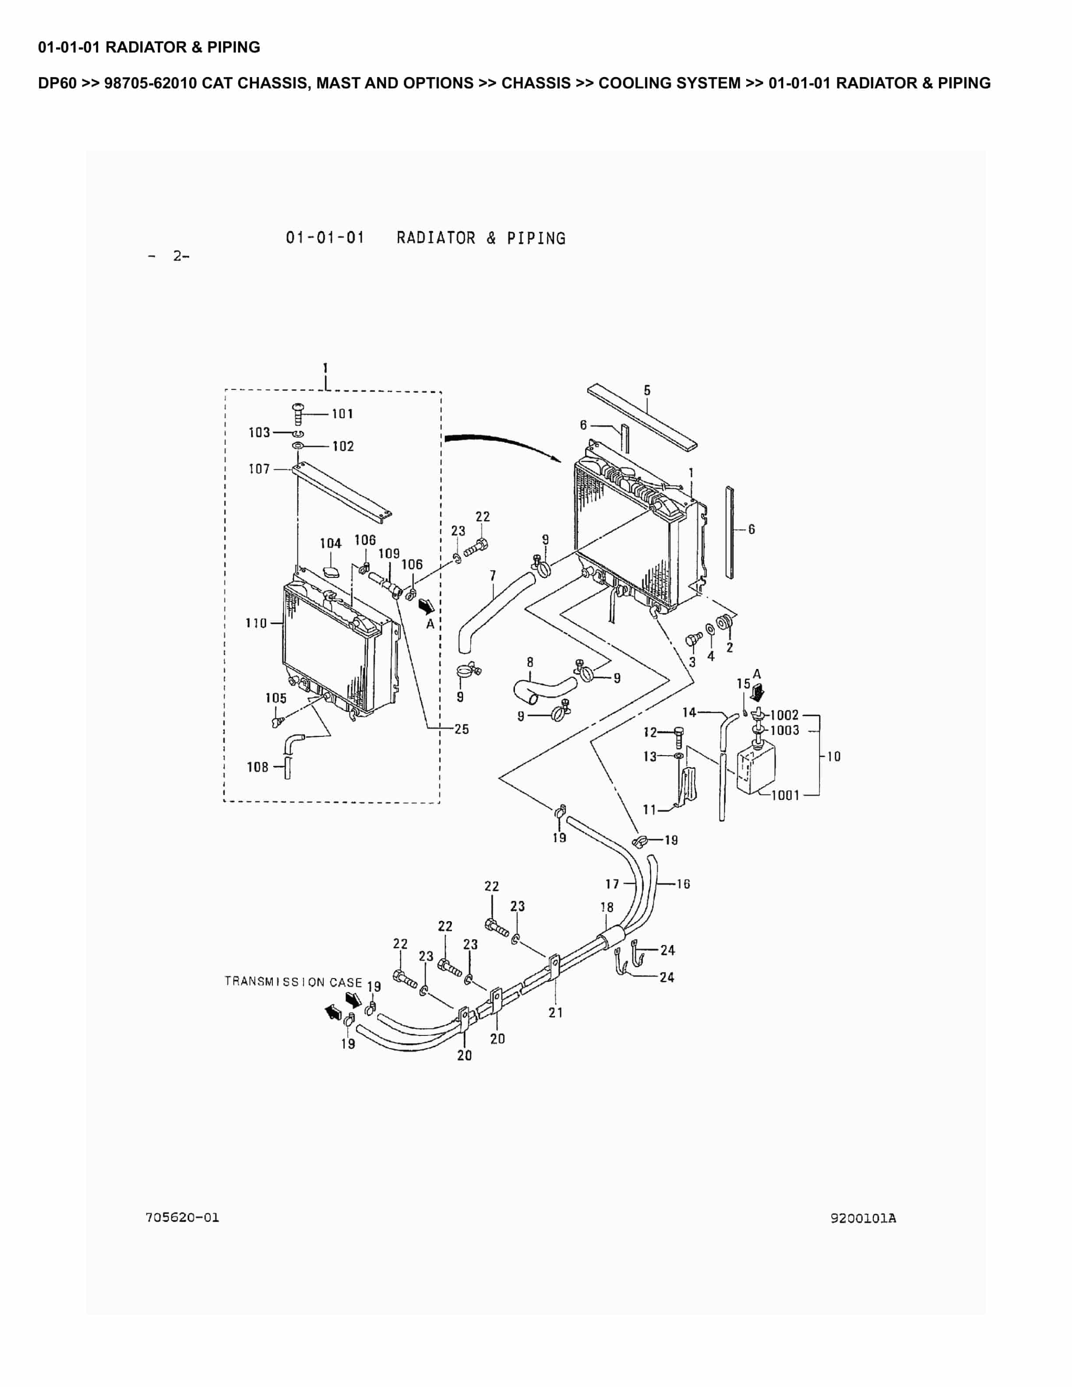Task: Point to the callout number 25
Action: coord(462,729)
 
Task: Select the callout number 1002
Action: coord(784,715)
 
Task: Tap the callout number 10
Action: coord(833,757)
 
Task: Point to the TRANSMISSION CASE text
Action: coord(293,982)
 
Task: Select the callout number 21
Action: coord(556,1012)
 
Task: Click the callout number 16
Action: coord(683,884)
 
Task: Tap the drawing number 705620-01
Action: coord(182,1218)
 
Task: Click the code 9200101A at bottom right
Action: coord(863,1218)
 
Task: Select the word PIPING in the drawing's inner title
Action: coord(536,238)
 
